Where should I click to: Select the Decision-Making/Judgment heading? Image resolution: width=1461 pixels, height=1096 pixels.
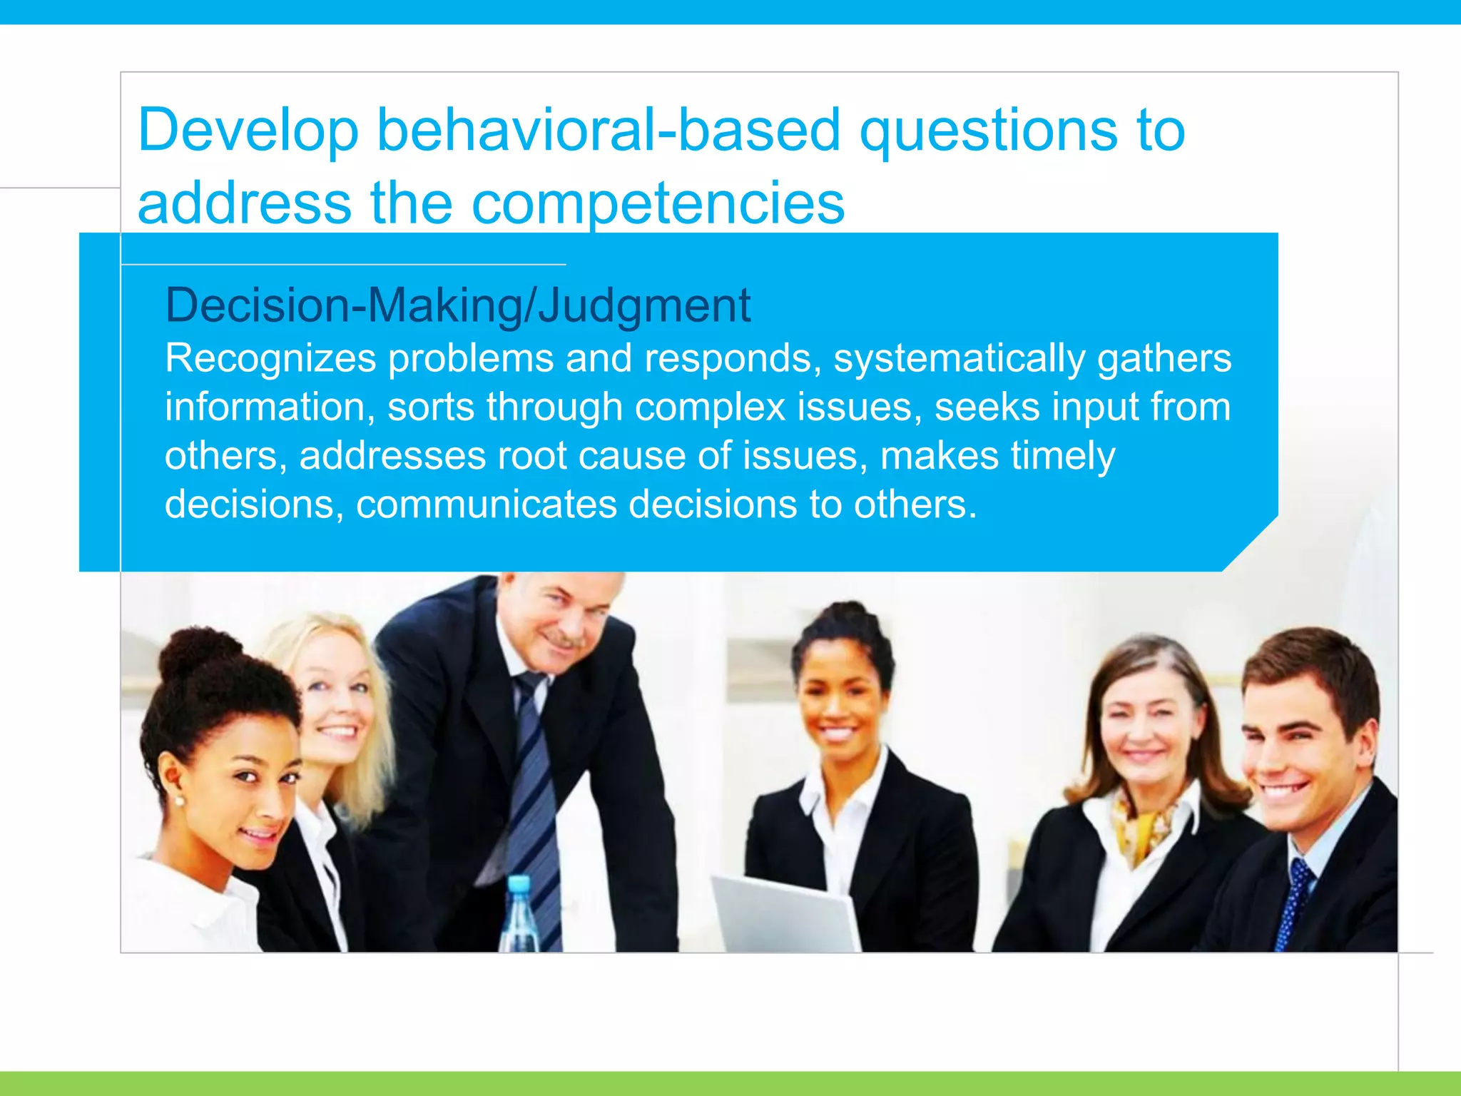tap(457, 305)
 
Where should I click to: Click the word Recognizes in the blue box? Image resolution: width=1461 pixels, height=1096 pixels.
tap(270, 358)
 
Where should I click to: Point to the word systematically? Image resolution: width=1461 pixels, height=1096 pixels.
tap(959, 358)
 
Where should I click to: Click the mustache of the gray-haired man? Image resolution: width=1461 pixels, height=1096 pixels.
tap(564, 637)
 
